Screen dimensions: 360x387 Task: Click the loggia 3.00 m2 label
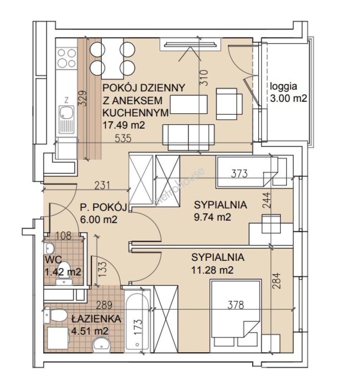coord(288,92)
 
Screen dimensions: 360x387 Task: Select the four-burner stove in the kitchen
coord(66,58)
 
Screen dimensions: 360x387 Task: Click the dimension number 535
coord(123,138)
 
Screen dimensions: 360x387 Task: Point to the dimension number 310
coord(204,78)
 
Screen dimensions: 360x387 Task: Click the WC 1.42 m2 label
coord(63,266)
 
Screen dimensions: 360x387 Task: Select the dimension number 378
coord(235,305)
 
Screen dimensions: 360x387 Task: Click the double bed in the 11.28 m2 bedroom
coord(235,316)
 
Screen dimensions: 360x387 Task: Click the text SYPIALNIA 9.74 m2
coord(220,211)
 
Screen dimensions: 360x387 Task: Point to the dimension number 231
coord(102,185)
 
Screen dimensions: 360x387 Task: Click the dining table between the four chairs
coord(112,58)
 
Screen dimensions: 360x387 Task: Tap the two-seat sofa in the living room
coord(188,137)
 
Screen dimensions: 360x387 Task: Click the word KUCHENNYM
coord(135,113)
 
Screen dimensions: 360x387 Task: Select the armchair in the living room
coord(229,104)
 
